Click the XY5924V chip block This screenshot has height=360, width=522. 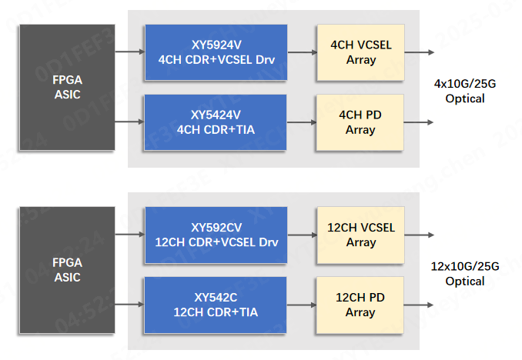coord(216,52)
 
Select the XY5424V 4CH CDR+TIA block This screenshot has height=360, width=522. coord(216,122)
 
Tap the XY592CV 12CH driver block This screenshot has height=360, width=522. coord(216,235)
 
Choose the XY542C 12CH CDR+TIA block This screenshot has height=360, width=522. coord(216,305)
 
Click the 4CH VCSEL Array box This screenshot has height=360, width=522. coord(360,52)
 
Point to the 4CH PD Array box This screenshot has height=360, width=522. coord(360,122)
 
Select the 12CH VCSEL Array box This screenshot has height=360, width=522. coord(360,235)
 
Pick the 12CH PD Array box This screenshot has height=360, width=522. coord(360,305)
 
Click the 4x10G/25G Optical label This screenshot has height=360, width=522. coord(465,91)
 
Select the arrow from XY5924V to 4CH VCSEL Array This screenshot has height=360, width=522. coord(302,52)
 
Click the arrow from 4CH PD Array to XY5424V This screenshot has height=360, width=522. coord(302,122)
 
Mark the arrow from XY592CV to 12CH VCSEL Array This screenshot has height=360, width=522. coord(302,235)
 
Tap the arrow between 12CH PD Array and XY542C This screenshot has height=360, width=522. coord(302,305)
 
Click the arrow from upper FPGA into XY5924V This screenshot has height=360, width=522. coord(129,52)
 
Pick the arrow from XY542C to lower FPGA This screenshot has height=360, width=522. coord(129,305)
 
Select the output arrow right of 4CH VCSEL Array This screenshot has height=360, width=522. coord(420,52)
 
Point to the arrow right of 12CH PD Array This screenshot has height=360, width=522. coord(420,305)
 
